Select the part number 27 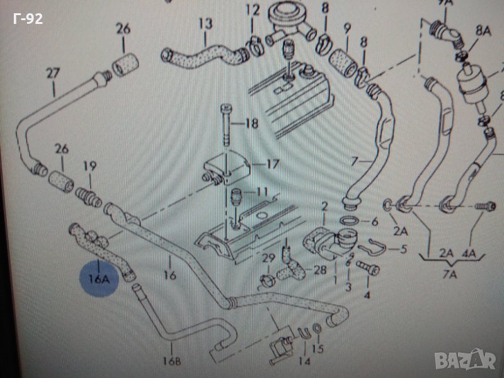[x=53, y=73]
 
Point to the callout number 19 [x=90, y=167]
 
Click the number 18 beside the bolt [x=251, y=123]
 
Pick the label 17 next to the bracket [x=272, y=164]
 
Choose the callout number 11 [x=262, y=190]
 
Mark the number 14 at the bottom [x=305, y=362]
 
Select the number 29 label [x=268, y=259]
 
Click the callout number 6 [x=374, y=222]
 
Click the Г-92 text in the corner [x=28, y=18]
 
